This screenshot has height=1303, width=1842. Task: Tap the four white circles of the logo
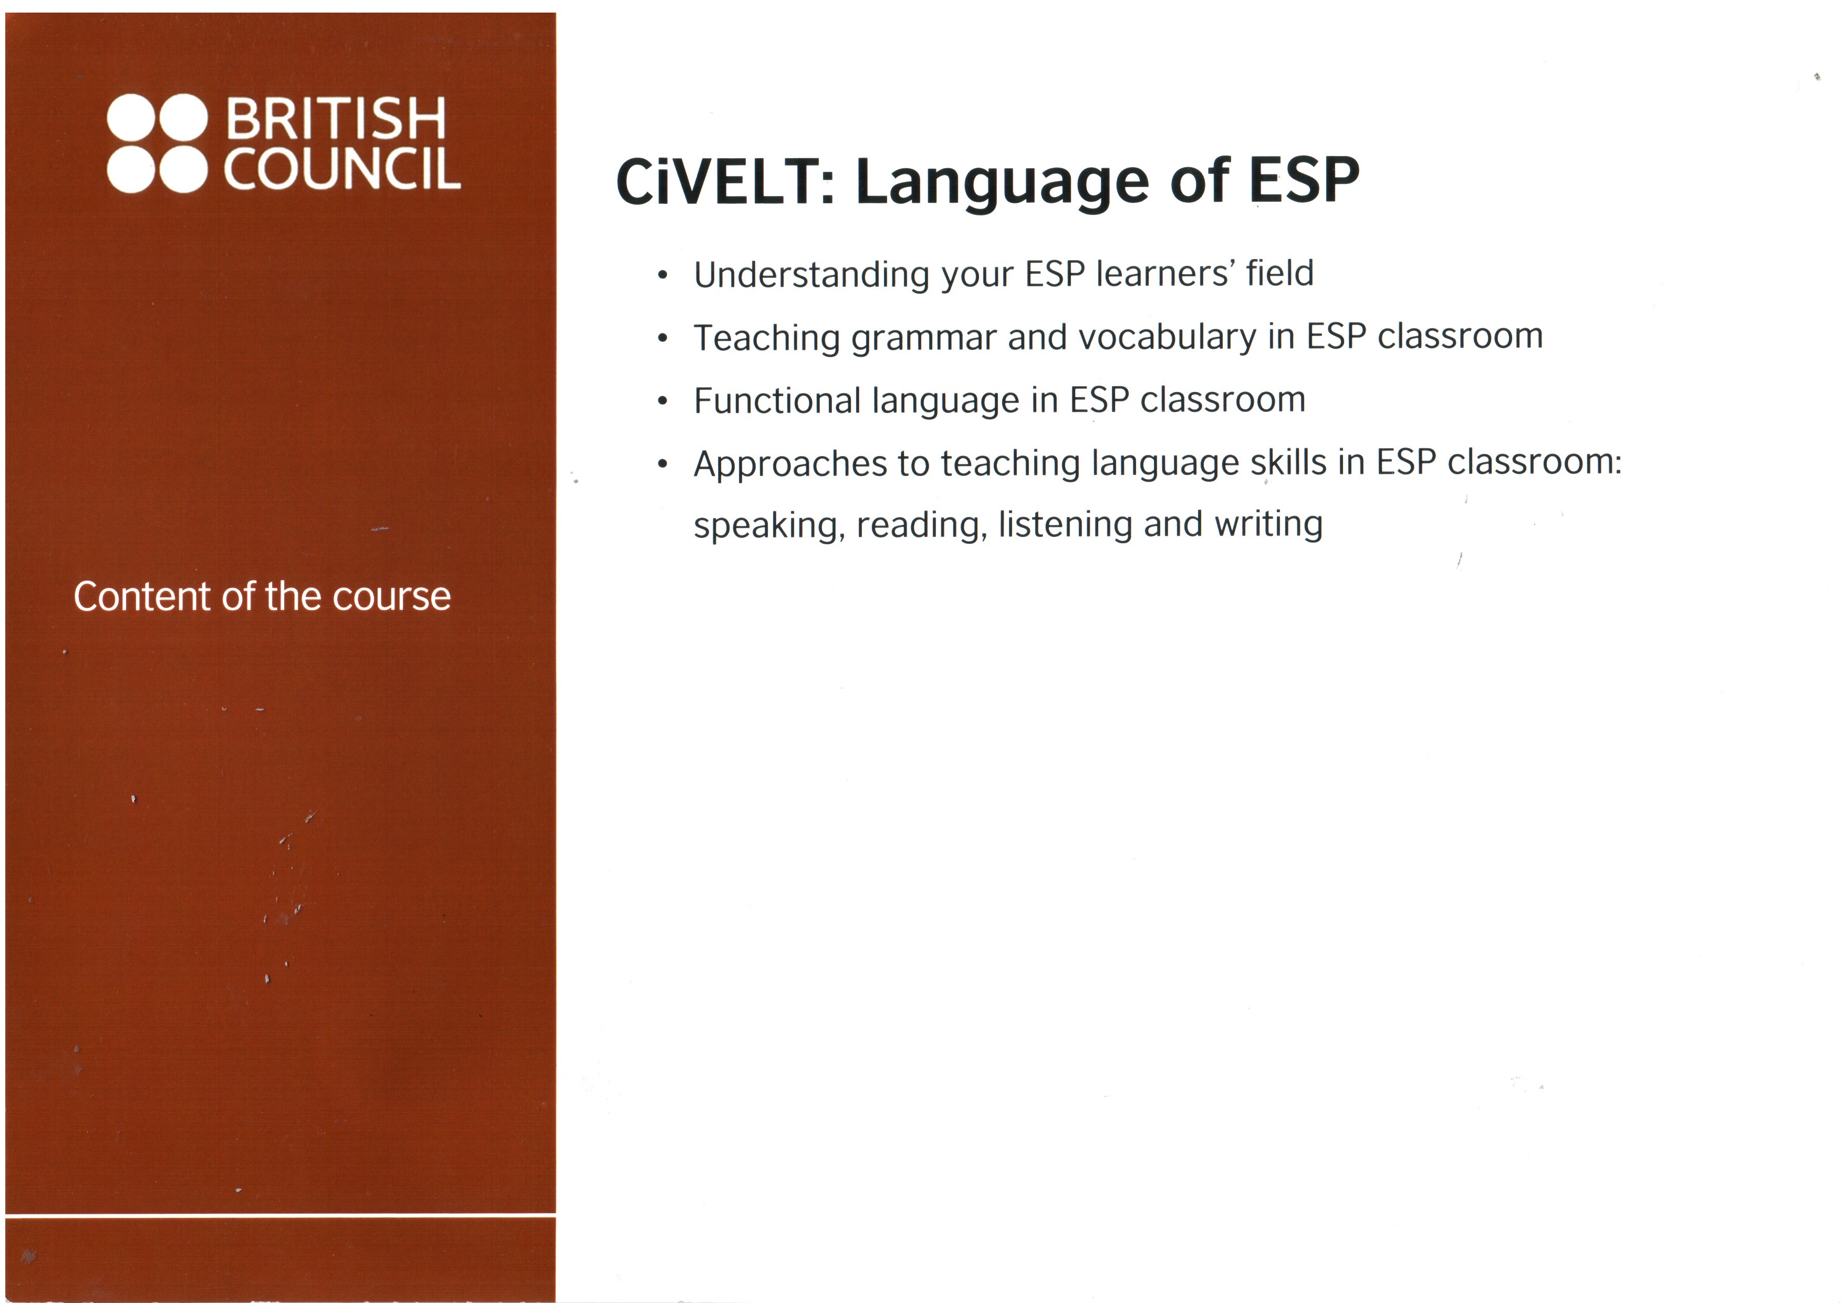[x=157, y=143]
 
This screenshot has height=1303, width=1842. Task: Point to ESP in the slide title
[x=1304, y=180]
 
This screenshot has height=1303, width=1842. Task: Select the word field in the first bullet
[x=1279, y=273]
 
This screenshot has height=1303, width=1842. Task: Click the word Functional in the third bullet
[x=777, y=400]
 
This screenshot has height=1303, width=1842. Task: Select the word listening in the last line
[x=1065, y=525]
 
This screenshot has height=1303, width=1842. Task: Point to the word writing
[x=1268, y=525]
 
